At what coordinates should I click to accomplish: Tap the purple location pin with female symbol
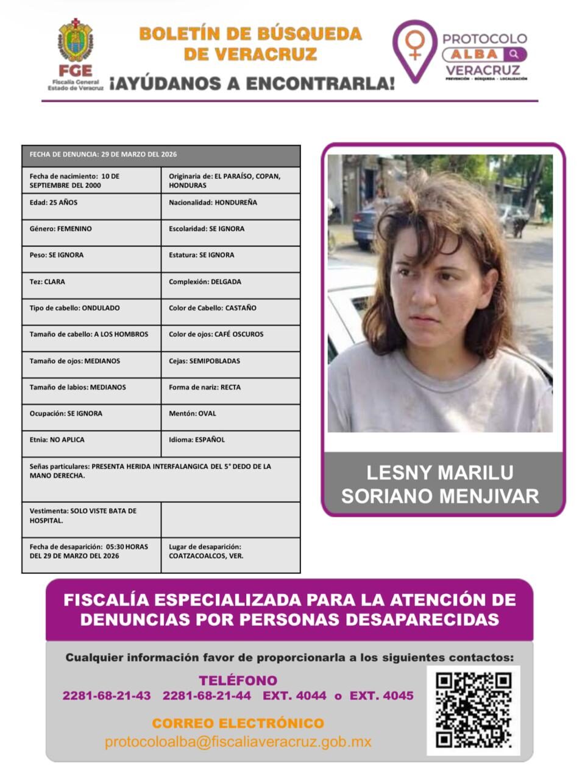tap(414, 49)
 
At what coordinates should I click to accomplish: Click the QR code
tap(473, 710)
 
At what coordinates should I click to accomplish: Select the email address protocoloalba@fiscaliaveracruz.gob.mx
tap(238, 742)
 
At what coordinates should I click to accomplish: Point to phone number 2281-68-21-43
tap(107, 696)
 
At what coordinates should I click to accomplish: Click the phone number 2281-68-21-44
tap(207, 696)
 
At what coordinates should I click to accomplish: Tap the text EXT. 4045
tap(381, 696)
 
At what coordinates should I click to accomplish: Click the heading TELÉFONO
tap(238, 680)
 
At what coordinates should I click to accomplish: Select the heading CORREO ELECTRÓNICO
tap(238, 724)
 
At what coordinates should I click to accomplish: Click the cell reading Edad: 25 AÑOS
tap(91, 206)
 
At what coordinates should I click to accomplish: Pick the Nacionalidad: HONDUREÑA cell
tap(230, 206)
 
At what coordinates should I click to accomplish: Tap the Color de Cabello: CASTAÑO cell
tap(230, 312)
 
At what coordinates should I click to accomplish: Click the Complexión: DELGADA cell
tap(230, 285)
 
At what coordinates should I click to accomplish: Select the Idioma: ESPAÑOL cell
tap(230, 444)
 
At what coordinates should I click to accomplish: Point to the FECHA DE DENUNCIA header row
tap(161, 155)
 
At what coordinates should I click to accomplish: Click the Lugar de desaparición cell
tap(230, 554)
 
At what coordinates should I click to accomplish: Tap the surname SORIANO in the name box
tap(388, 496)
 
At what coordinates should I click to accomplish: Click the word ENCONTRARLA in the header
tap(324, 83)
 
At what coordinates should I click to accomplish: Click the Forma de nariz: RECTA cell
tap(230, 391)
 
